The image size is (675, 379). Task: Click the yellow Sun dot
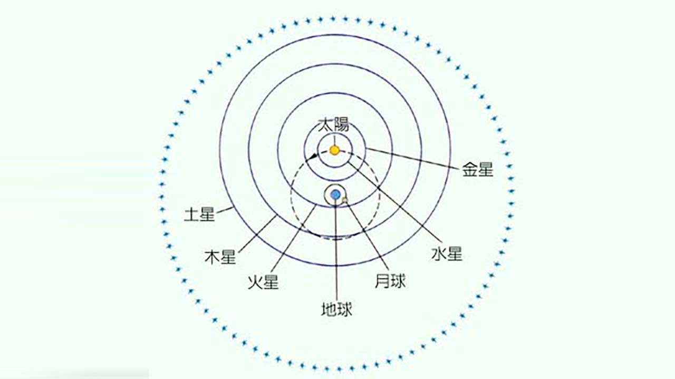(334, 150)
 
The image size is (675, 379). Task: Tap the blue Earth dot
(335, 195)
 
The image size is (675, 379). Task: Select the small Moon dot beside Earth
(345, 200)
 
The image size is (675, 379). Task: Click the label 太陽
(333, 125)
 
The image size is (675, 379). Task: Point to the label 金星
(478, 170)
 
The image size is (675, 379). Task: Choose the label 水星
(447, 254)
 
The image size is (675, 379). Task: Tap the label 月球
(390, 281)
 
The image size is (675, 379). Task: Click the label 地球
(336, 308)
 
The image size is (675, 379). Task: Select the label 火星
(263, 281)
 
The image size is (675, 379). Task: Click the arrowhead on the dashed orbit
(315, 155)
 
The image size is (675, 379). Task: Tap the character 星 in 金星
(486, 170)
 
